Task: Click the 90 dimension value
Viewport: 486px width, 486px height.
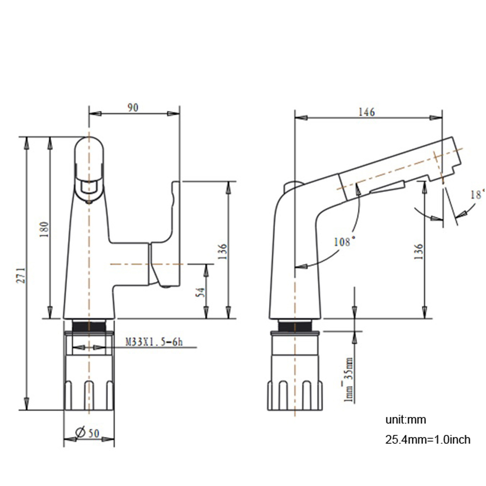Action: coord(133,108)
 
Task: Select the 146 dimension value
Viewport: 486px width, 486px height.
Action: coord(366,112)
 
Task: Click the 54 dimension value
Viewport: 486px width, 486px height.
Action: coord(200,292)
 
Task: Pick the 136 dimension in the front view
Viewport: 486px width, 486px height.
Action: coord(223,250)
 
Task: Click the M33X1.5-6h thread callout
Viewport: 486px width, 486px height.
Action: coord(154,342)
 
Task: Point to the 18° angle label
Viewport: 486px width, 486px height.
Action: coord(478,194)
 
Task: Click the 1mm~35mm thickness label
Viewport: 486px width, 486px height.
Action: coord(348,379)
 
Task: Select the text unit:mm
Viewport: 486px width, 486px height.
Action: coord(406,420)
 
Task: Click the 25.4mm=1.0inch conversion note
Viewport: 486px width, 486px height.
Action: coord(428,440)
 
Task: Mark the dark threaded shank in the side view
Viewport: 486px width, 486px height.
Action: coord(295,326)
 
